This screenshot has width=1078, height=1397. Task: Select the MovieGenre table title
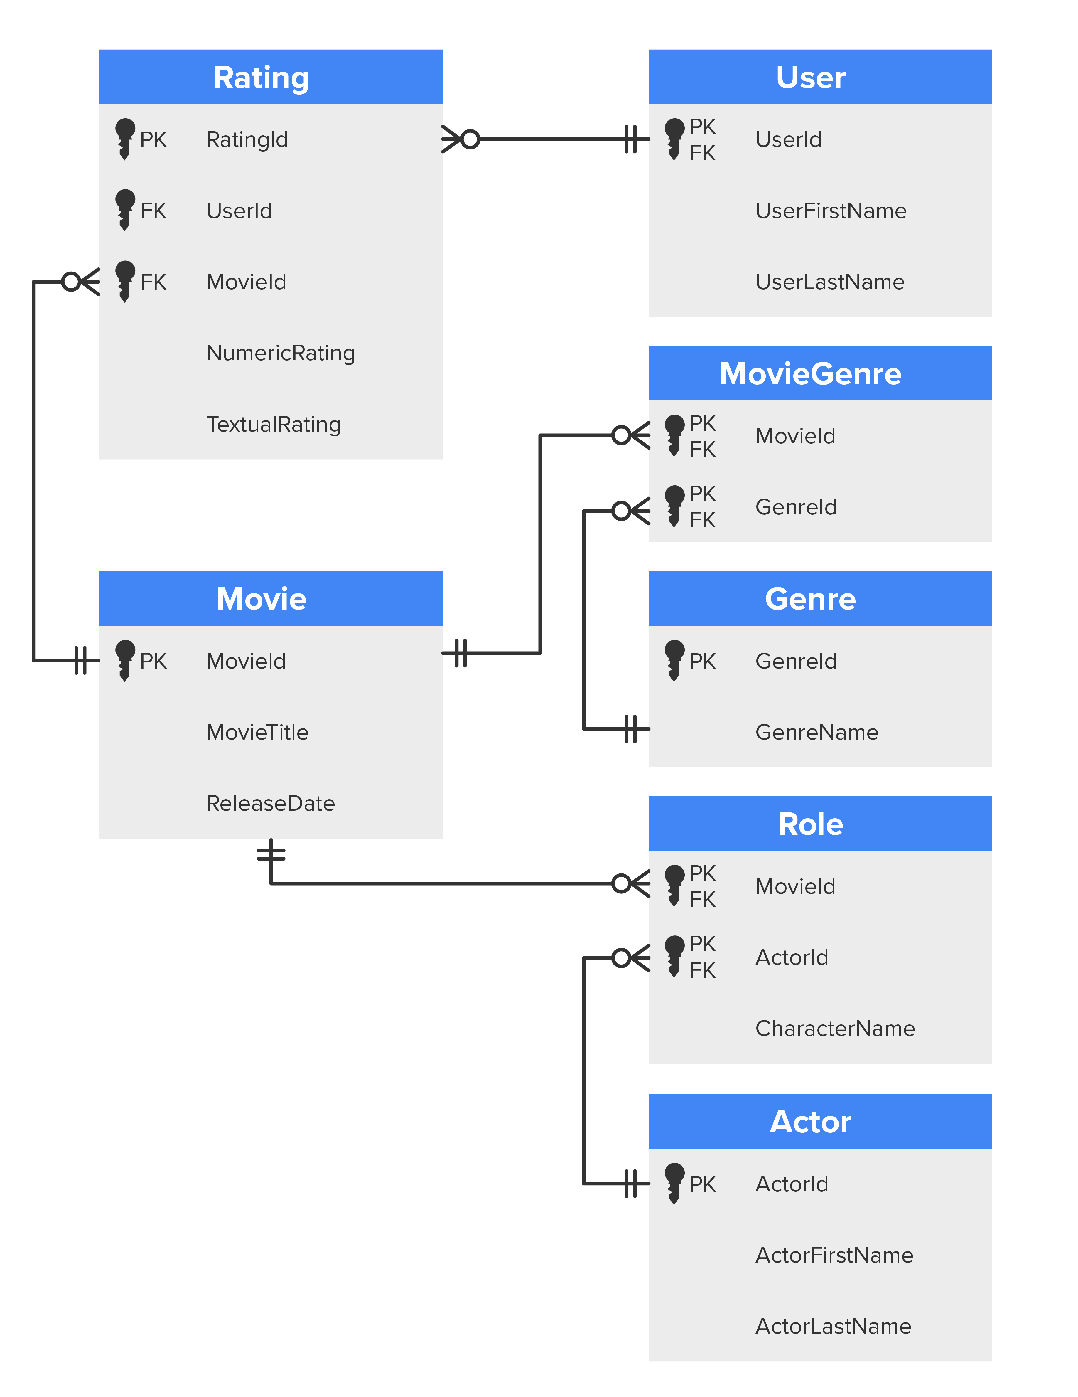810,373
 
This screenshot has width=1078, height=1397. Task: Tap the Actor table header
810,1122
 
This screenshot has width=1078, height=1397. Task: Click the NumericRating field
281,353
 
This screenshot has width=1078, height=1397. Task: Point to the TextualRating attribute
274,424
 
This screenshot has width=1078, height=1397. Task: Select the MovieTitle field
257,732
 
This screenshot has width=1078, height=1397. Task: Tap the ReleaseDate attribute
271,803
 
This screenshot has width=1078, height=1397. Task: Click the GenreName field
816,732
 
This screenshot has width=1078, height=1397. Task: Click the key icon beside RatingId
125,138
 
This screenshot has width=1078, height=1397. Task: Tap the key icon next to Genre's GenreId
674,660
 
